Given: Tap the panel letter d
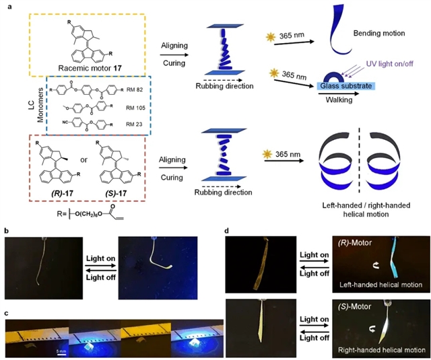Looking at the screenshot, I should click(226, 230).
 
